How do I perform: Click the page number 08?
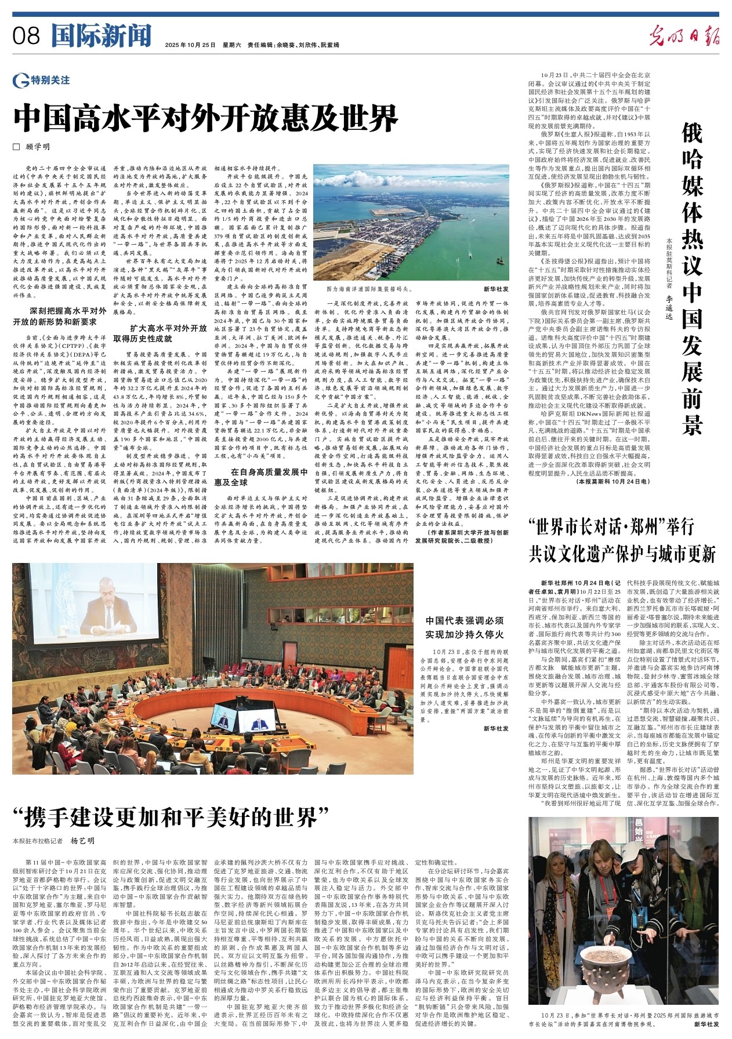pos(26,37)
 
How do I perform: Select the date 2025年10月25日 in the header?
pos(190,45)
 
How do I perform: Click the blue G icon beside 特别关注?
pos(21,81)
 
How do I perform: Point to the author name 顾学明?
pos(38,147)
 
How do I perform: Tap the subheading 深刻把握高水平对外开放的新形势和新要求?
pos(67,316)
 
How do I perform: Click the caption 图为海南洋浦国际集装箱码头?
pos(369,288)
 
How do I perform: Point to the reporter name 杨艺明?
pos(82,841)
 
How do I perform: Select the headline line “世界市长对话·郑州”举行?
pos(611,526)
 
